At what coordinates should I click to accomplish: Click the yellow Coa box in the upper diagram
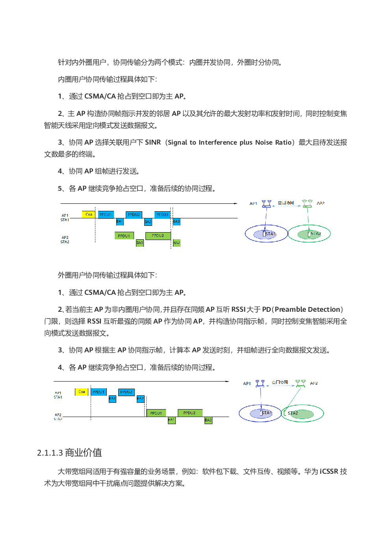(88, 214)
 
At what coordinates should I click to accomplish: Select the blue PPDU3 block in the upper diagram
(162, 215)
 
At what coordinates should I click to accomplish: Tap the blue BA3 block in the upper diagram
(176, 222)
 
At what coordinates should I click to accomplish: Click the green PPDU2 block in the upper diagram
(158, 236)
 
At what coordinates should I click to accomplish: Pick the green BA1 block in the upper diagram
(140, 243)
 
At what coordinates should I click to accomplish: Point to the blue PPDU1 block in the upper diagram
(105, 215)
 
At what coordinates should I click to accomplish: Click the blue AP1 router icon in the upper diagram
(266, 204)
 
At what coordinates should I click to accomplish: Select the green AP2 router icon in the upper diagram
(307, 204)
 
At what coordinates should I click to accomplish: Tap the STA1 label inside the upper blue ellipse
(270, 234)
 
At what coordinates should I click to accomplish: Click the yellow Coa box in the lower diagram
(82, 392)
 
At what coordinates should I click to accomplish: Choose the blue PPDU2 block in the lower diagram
(126, 392)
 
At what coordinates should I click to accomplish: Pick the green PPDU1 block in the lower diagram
(156, 413)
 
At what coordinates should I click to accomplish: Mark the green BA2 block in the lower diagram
(208, 420)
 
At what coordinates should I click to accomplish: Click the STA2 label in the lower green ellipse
(293, 413)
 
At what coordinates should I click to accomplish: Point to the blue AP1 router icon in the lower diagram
(260, 383)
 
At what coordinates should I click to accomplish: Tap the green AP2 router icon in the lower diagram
(300, 383)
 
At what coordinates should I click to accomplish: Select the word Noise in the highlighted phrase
(264, 142)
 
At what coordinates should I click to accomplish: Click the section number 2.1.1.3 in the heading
(50, 452)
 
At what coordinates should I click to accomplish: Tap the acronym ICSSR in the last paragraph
(329, 471)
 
